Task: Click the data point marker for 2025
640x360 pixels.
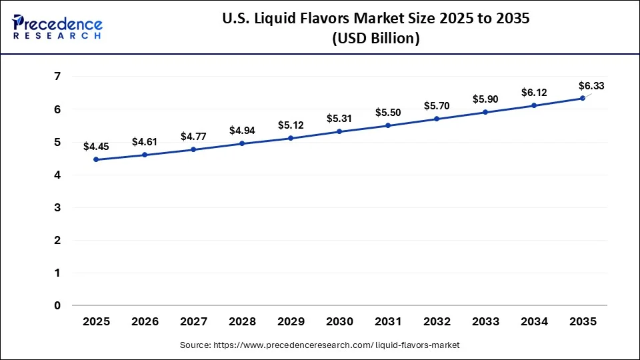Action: [97, 159]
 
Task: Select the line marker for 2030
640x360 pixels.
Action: [339, 131]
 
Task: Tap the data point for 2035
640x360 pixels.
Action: [583, 98]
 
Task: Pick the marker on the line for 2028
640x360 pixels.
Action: [242, 143]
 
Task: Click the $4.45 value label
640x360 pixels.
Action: [96, 147]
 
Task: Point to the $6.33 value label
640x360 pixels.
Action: [591, 85]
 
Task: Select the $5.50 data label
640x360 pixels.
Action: [388, 113]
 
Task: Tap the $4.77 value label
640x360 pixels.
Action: [193, 136]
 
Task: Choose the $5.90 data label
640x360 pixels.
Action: [485, 99]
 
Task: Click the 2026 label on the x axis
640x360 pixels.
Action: [145, 321]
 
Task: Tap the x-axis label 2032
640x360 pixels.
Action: [437, 321]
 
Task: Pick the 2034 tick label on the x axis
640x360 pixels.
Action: [534, 321]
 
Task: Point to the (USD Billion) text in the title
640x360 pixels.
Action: [375, 39]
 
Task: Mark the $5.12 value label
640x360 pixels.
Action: [291, 125]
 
